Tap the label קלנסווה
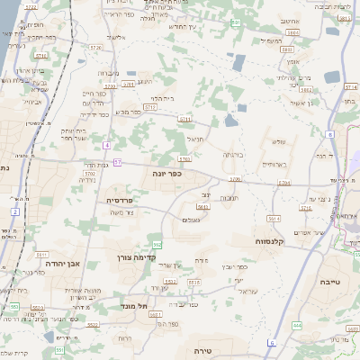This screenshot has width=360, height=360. tap(271, 241)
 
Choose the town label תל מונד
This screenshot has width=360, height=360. tap(135, 306)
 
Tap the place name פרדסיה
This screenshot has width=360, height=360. tap(119, 201)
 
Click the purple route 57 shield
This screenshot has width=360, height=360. tap(117, 162)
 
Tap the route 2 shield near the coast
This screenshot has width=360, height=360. tap(15, 211)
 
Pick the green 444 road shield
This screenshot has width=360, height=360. tap(297, 325)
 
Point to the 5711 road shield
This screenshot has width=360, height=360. tap(185, 119)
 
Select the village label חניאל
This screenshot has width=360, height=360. tap(195, 139)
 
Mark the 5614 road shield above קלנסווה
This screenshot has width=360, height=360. tap(273, 219)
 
